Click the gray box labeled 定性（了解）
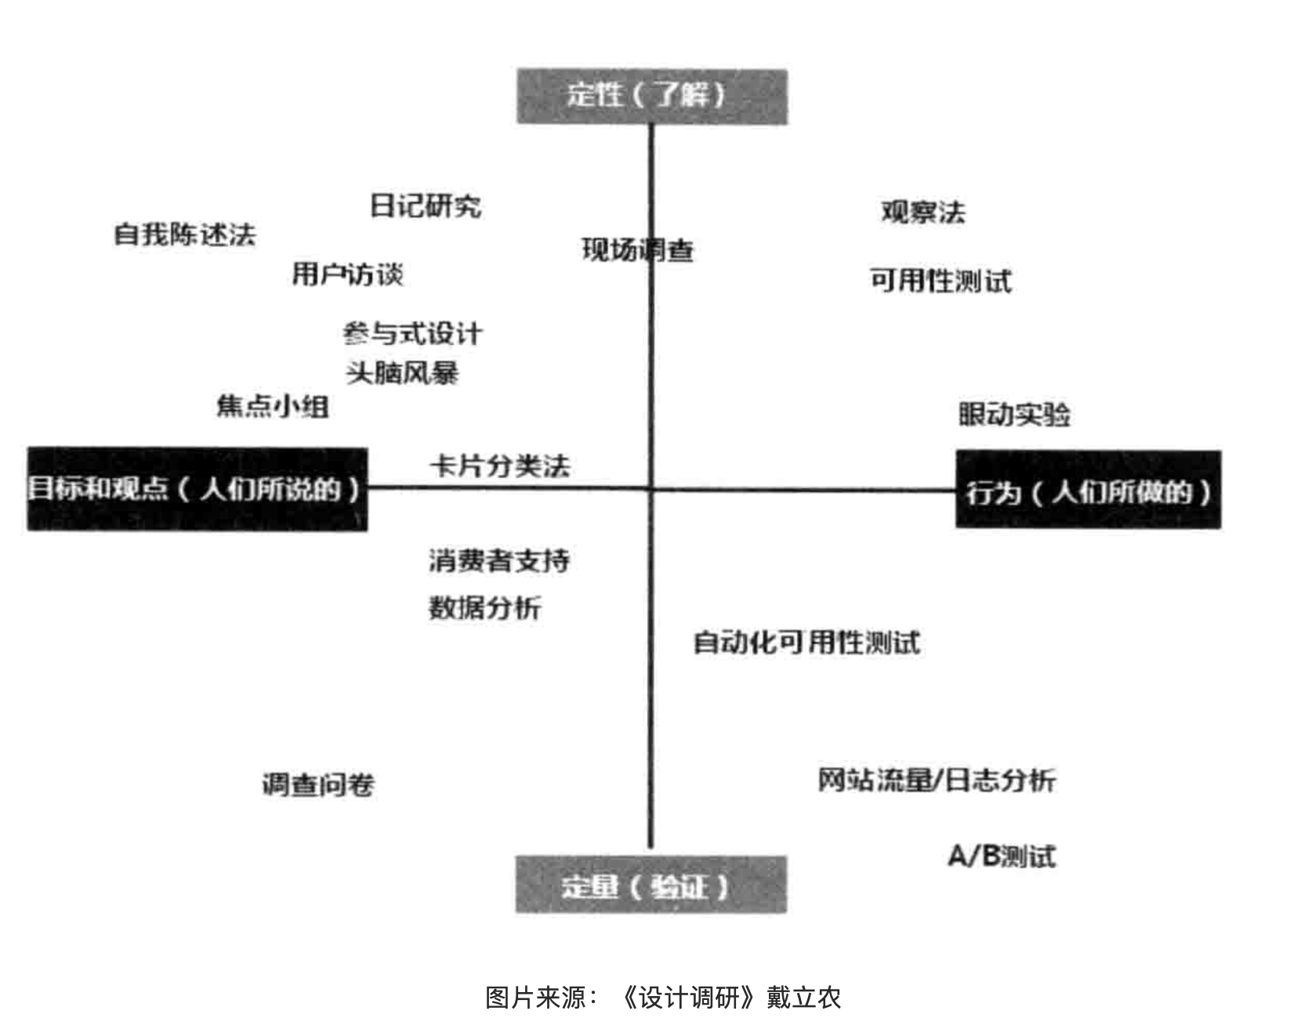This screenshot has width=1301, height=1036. pos(651,96)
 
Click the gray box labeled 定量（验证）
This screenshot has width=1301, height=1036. pos(650,886)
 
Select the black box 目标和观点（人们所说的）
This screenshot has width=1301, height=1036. pos(197,489)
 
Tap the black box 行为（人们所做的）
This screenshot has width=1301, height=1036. pos(1088,491)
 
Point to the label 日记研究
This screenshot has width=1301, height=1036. pos(426,206)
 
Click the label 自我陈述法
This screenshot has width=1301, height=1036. pos(185,234)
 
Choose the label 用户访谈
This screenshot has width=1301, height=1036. pos(347,273)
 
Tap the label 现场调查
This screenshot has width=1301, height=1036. pos(637,250)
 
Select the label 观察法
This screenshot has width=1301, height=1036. pos(923,212)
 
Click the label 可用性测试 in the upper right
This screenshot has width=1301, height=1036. pos(940,280)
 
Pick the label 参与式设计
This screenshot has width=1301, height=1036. pos(412,334)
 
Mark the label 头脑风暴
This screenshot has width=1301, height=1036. pos(402,372)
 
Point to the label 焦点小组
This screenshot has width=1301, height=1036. pos(272,406)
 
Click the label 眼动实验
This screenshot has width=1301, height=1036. pos(1014,414)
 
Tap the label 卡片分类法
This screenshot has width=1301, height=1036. pos(499,465)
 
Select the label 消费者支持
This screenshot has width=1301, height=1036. pos(499,560)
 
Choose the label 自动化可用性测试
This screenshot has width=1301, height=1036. pos(806,643)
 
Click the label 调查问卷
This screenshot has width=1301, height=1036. pos(318,784)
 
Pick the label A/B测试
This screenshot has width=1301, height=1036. pos(1002,856)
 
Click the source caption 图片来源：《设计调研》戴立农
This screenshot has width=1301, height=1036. pos(663,998)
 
